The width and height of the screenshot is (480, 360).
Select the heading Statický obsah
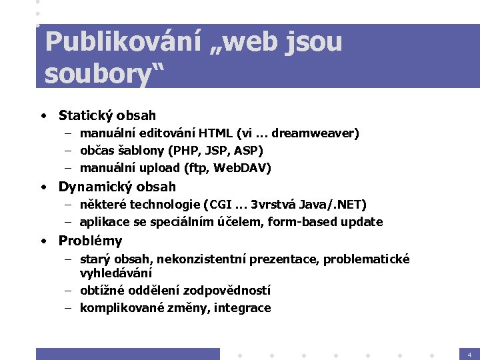point(107,115)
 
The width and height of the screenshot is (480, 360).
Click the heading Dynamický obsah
point(117,187)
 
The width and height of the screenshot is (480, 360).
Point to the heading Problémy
point(90,241)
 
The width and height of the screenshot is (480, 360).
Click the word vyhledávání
point(116,273)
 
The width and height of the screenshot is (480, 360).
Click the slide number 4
point(469,354)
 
